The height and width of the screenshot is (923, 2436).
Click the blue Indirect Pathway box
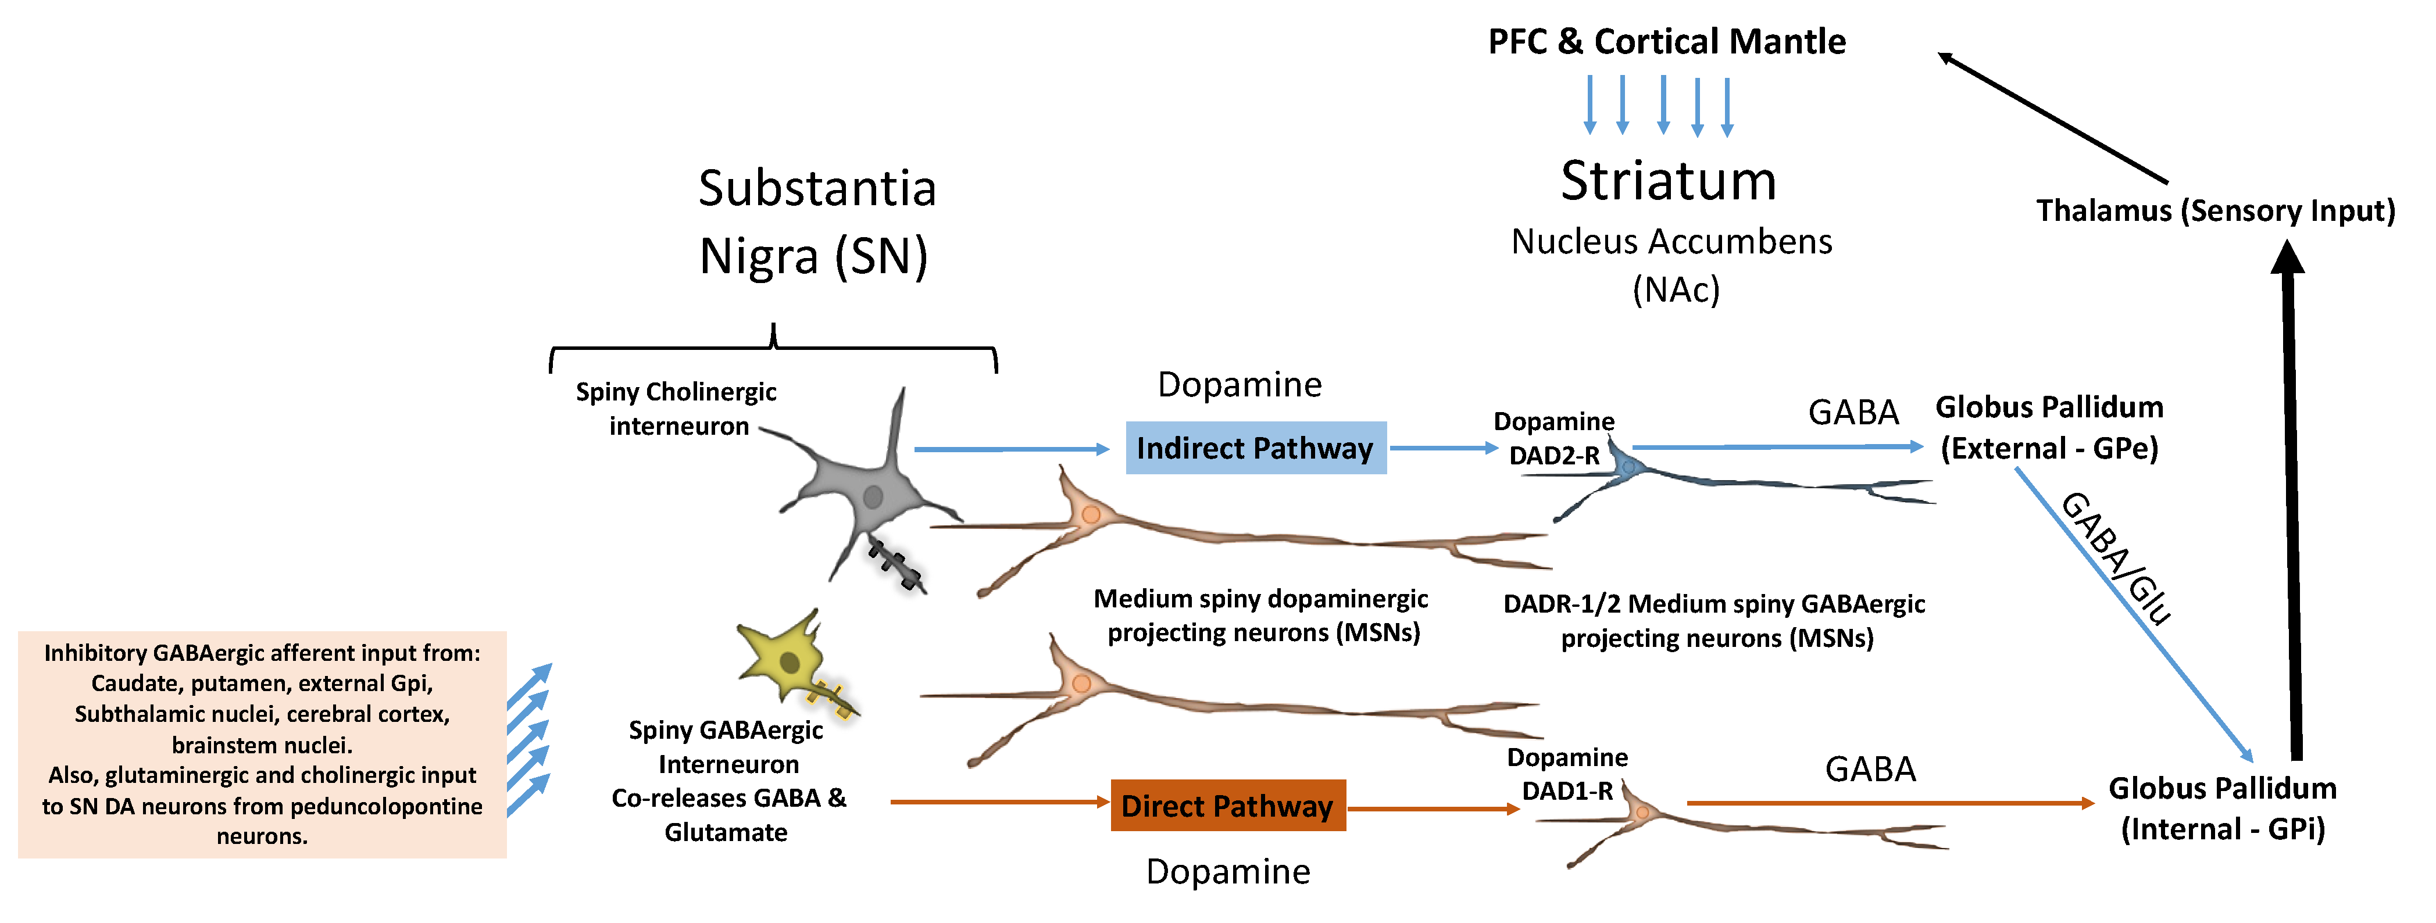coord(1255,448)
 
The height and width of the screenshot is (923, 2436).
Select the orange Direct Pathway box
coord(1227,806)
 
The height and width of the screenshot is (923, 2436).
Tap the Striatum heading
coord(1668,181)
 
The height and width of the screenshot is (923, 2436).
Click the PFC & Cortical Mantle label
coord(1666,42)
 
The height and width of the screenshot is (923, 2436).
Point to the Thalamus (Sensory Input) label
coord(2214,210)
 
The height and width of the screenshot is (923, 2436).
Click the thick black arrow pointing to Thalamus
coord(2291,501)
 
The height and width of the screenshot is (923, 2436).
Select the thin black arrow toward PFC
coord(2052,118)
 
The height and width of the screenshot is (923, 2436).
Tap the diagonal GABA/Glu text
coord(2116,558)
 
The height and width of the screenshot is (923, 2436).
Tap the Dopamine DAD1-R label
coord(1567,774)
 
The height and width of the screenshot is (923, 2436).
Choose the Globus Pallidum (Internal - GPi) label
coord(2222,808)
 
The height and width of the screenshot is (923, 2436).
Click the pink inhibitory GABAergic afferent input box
coord(262,744)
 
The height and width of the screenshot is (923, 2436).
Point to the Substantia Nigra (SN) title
coord(816,222)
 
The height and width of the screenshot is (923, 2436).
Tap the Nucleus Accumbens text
coord(1671,242)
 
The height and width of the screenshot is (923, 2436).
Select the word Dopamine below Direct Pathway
coord(1227,871)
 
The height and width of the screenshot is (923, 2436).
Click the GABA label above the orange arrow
coord(1870,770)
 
